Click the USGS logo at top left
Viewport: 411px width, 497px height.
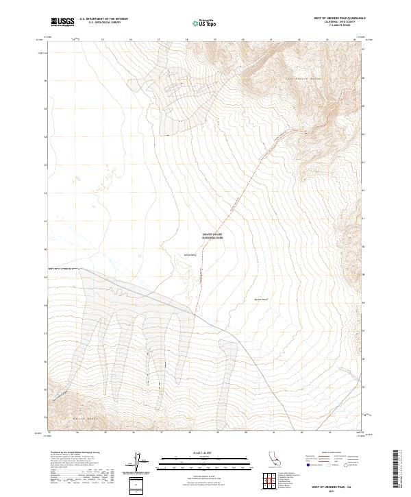coord(62,22)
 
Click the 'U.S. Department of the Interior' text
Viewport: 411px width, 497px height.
coord(103,19)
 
